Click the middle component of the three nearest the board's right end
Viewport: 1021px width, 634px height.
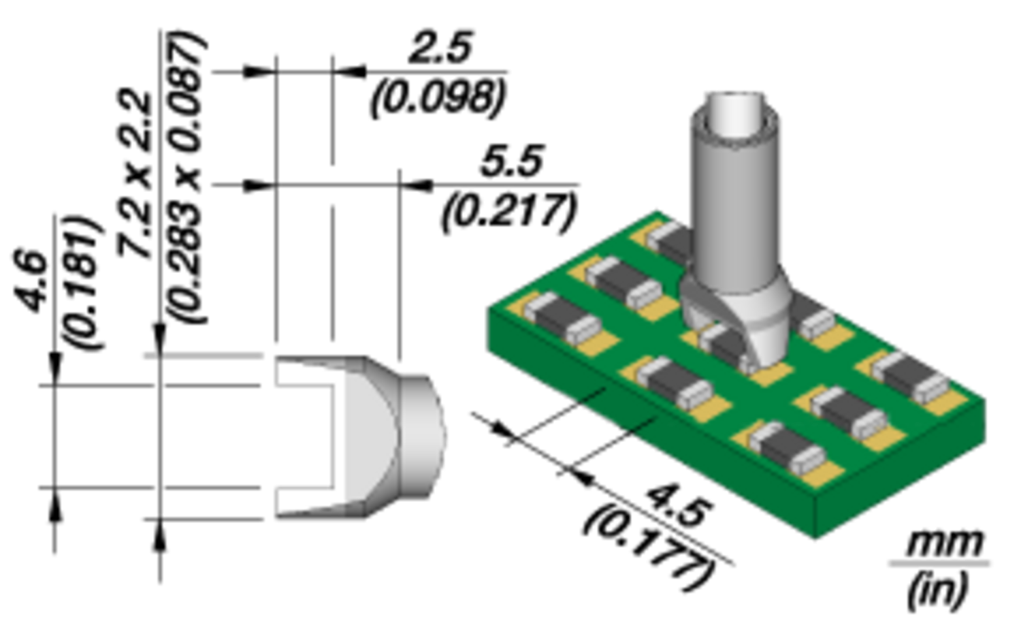(847, 413)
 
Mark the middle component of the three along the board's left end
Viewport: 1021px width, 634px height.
(623, 282)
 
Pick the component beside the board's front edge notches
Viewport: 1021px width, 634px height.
(675, 381)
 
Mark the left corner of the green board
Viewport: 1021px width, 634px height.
(487, 310)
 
